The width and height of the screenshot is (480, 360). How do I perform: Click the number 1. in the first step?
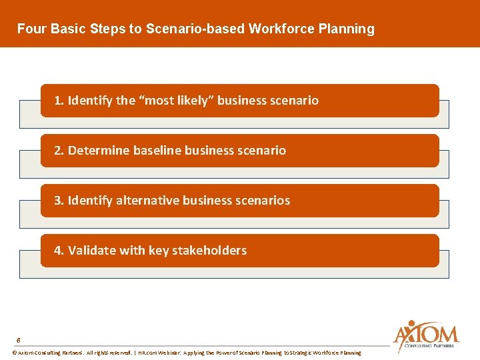point(59,101)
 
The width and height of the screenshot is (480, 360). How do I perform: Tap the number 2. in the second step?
point(59,151)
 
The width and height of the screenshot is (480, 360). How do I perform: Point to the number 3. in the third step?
point(59,201)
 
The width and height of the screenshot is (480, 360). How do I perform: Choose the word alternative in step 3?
point(147,201)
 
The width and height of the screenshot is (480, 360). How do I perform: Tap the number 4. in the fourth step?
point(59,251)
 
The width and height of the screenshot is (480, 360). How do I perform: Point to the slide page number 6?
point(18,339)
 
